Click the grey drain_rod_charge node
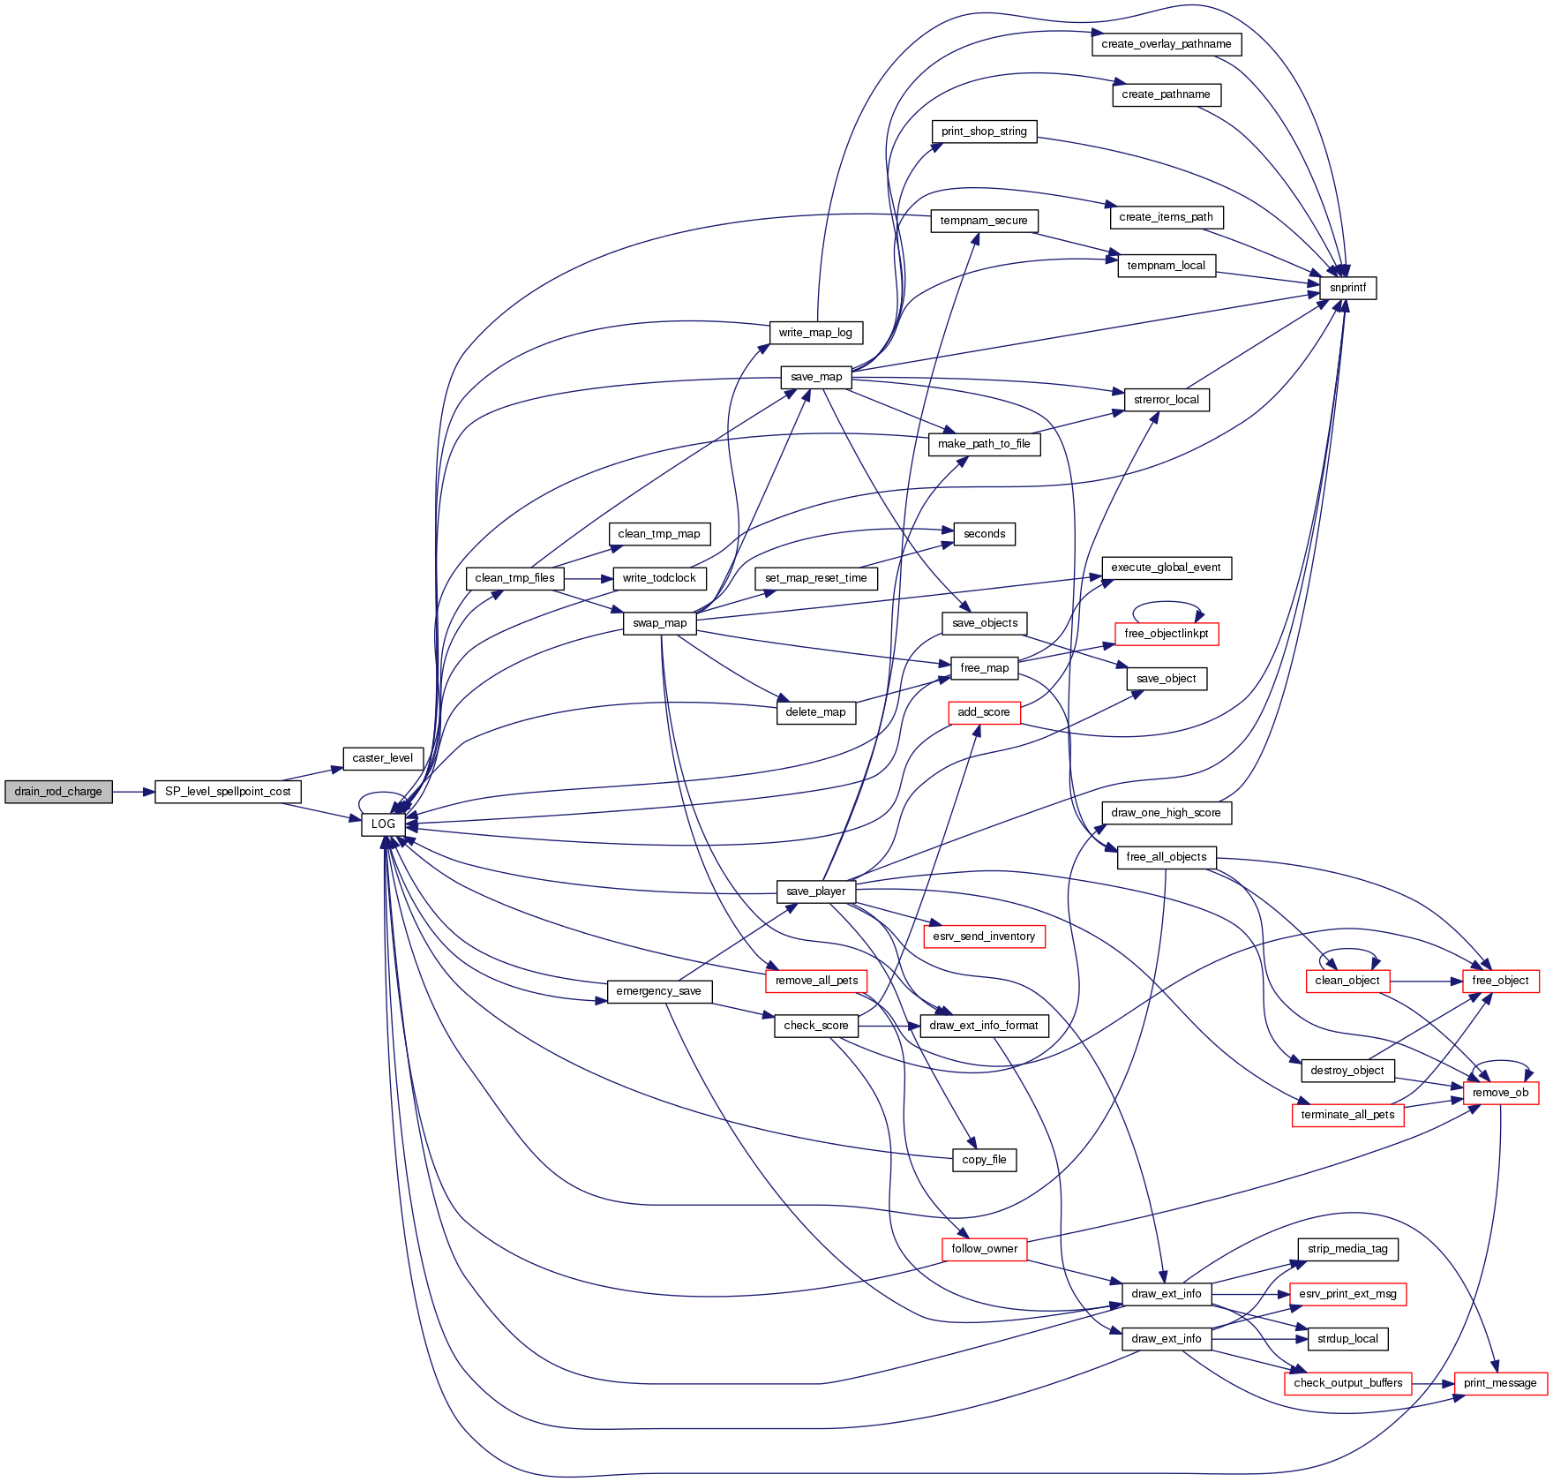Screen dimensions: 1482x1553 click(58, 792)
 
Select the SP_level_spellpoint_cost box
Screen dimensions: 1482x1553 click(228, 792)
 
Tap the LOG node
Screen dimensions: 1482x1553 click(383, 824)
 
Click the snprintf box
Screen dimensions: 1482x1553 click(1347, 288)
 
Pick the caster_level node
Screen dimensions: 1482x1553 click(383, 758)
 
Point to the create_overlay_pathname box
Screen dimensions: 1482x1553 click(1167, 44)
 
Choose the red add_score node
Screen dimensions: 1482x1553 click(984, 712)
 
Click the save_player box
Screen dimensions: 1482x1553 click(816, 891)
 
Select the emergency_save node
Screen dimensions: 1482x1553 click(659, 991)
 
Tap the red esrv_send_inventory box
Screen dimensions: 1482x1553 click(984, 937)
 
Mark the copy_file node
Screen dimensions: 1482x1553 click(984, 1160)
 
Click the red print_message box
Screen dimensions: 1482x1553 click(1500, 1383)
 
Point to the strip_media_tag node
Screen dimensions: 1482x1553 click(1347, 1249)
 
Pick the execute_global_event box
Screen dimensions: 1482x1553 click(1167, 568)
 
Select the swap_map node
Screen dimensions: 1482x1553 click(660, 623)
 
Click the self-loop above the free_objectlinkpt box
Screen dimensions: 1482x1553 click(1167, 605)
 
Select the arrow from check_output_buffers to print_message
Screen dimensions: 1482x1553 click(1433, 1383)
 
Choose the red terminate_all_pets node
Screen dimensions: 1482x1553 click(1347, 1115)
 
